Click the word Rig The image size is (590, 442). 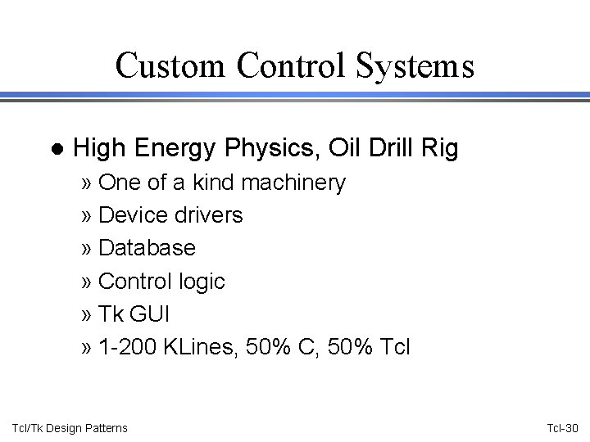tap(440, 149)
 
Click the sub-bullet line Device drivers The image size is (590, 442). tap(170, 215)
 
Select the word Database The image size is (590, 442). tap(147, 248)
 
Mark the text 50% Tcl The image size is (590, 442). tap(369, 347)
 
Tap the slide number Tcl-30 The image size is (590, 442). tap(561, 428)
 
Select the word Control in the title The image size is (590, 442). tap(287, 65)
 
